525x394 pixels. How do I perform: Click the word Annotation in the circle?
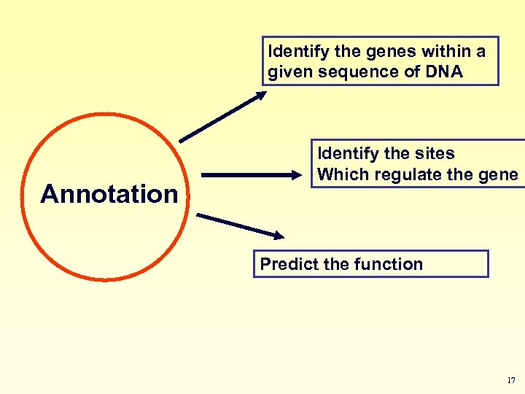[109, 194]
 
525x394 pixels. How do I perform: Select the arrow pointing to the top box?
[223, 116]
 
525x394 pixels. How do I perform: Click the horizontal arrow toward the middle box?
[252, 175]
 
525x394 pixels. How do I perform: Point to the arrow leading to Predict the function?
[241, 225]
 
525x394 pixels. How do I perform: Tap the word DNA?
[442, 72]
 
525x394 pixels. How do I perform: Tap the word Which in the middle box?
[341, 174]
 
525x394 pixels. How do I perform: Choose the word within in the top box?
[439, 52]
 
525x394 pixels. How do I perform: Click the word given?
[289, 72]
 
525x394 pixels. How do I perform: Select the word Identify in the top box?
[295, 52]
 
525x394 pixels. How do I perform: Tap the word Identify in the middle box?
[345, 153]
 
